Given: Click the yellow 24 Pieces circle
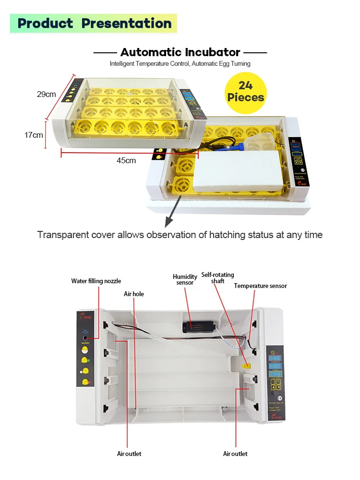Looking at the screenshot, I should pos(245,92).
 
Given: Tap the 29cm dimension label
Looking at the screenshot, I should pos(47,94).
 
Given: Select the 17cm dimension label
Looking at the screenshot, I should pos(34,135).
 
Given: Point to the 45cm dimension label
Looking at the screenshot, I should pos(126,160).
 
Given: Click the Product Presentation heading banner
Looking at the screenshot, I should pos(94,23).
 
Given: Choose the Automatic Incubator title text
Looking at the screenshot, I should pos(180,52).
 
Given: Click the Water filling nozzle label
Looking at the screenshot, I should pos(96,281).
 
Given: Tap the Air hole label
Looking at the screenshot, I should pos(134,294).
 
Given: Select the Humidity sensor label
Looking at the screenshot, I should pos(185,279).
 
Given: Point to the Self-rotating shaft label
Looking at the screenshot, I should pos(218,278).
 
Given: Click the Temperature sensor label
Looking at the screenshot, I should pos(260,286).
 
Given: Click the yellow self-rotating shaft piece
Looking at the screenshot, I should pos(247,366).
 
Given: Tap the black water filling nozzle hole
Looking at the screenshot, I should pos(85,337).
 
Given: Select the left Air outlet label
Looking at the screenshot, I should pos(129,454).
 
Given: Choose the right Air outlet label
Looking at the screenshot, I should pos(235,454).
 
